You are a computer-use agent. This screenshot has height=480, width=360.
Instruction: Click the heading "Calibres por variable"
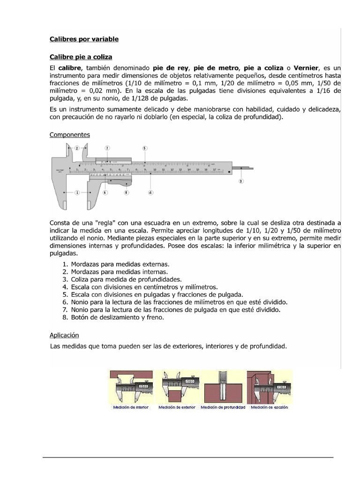tap(84, 39)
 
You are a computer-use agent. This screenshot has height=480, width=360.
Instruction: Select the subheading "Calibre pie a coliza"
tap(81, 57)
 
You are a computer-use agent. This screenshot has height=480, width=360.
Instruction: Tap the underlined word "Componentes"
tap(70, 135)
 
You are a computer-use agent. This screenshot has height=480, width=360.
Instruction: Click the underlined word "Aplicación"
tap(64, 335)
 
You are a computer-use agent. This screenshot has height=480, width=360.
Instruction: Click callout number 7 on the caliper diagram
tap(107, 148)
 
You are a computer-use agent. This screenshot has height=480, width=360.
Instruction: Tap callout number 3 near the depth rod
tap(241, 180)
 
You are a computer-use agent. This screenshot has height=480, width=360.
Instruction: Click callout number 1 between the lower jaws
tap(77, 192)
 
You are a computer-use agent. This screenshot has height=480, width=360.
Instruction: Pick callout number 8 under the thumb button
tap(126, 192)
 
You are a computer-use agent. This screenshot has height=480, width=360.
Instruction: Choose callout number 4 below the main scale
tap(150, 192)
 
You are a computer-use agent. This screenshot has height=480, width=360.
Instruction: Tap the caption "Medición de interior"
tap(131, 407)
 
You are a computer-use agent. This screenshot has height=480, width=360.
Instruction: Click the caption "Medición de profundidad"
tap(223, 407)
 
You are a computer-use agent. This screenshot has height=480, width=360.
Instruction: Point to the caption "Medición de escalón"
tap(270, 407)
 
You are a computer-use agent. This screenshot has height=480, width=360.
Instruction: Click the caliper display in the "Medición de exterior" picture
tap(190, 380)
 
